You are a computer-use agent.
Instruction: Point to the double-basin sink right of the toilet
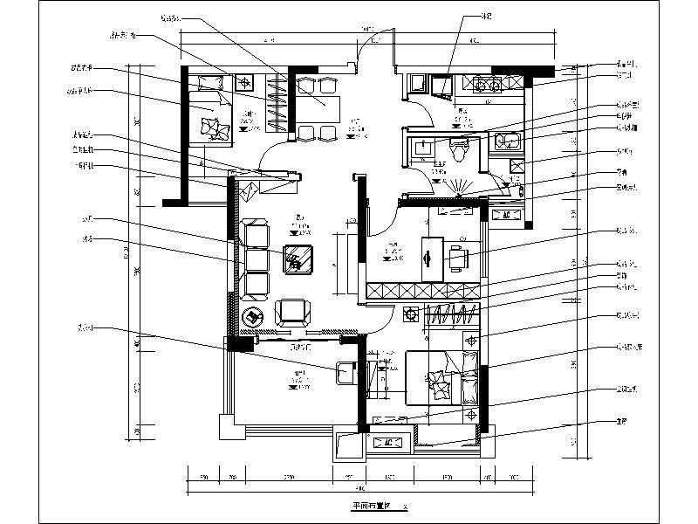505,142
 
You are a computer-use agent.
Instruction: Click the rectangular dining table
315,108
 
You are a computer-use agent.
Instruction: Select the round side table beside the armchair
254,317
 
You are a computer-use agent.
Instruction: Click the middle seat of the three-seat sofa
257,259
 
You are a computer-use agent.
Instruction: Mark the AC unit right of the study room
504,214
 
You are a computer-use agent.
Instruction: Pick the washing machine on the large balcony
346,372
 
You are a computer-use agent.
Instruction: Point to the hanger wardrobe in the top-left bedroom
277,103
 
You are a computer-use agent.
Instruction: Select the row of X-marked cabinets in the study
422,291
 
